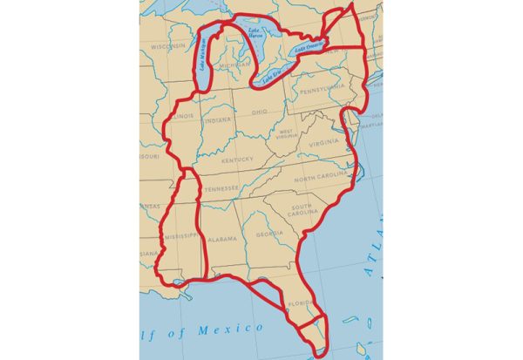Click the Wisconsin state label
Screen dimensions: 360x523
pyautogui.click(x=167, y=46)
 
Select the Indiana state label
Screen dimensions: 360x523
pyautogui.click(x=218, y=119)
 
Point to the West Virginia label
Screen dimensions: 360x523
pyautogui.click(x=287, y=133)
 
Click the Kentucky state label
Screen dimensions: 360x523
pyautogui.click(x=236, y=159)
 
